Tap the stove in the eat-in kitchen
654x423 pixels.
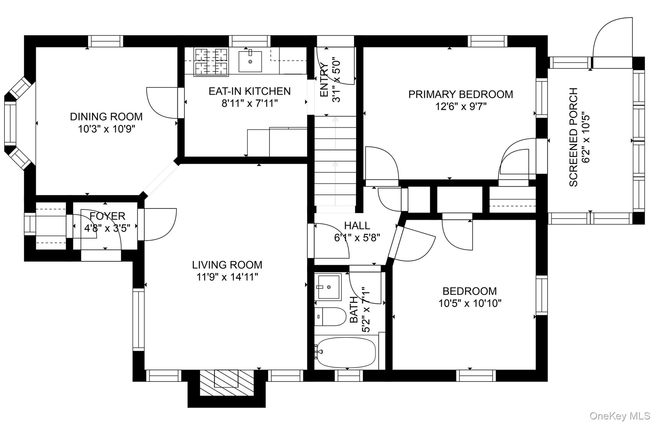(x=211, y=62)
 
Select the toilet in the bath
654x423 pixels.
(x=330, y=316)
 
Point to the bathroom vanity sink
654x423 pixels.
(x=328, y=286)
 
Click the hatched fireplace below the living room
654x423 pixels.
(x=226, y=383)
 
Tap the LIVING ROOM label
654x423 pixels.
(x=227, y=265)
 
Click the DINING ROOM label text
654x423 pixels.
(x=106, y=117)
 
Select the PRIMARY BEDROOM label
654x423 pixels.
(x=461, y=94)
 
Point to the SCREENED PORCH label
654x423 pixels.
(x=574, y=137)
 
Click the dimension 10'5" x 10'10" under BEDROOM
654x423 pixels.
(x=470, y=303)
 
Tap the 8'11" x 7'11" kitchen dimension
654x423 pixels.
(x=250, y=103)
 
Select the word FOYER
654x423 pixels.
(x=107, y=216)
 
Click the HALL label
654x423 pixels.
(x=357, y=226)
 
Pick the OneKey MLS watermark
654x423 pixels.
(x=620, y=416)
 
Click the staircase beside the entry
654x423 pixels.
(x=335, y=161)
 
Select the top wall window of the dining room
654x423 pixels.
(x=105, y=41)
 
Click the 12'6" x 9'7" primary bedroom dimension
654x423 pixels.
(x=461, y=107)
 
